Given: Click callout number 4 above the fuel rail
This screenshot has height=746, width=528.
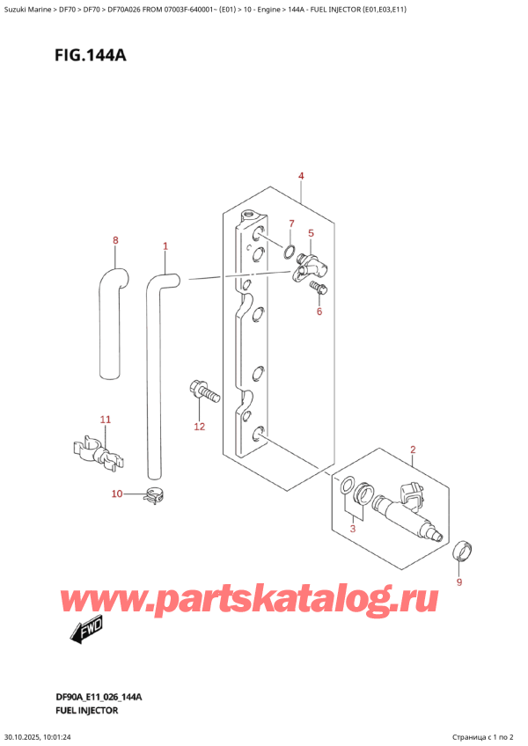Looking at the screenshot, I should click(301, 177).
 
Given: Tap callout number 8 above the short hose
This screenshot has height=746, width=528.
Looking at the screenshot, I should click(115, 240).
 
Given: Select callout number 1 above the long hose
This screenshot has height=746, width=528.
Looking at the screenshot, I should click(165, 246).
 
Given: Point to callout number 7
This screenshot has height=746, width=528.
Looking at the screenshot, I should click(268, 224).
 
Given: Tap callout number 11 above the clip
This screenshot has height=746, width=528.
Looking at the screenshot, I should click(105, 420).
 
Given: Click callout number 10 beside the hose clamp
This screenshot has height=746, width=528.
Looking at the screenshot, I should click(117, 494).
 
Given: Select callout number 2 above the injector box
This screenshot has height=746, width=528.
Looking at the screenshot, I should click(412, 451).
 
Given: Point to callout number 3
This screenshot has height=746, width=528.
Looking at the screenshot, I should click(354, 528).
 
